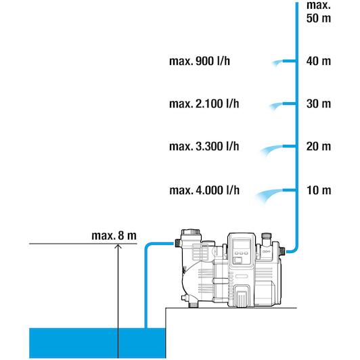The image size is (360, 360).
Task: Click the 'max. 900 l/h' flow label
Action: click(199, 62)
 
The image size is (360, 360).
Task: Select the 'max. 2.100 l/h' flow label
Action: click(204, 104)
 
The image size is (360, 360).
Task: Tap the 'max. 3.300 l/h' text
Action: click(204, 146)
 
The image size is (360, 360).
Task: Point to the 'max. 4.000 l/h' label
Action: click(204, 190)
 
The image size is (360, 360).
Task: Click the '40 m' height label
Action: click(319, 62)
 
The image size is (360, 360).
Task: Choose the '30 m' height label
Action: click(319, 104)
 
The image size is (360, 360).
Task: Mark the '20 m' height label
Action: click(319, 146)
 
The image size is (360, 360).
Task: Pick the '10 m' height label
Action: click(319, 190)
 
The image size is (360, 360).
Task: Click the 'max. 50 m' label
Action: click(319, 12)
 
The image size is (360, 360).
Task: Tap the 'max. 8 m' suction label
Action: click(114, 235)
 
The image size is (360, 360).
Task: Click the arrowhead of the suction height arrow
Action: click(118, 246)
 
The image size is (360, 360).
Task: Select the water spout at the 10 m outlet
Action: click(269, 196)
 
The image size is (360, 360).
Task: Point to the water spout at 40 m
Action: click(277, 63)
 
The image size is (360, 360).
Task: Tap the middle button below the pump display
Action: click(242, 253)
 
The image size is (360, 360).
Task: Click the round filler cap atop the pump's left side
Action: click(190, 231)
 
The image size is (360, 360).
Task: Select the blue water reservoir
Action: click(97, 343)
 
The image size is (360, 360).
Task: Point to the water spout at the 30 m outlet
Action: click(275, 106)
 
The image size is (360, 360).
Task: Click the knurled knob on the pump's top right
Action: click(267, 235)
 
